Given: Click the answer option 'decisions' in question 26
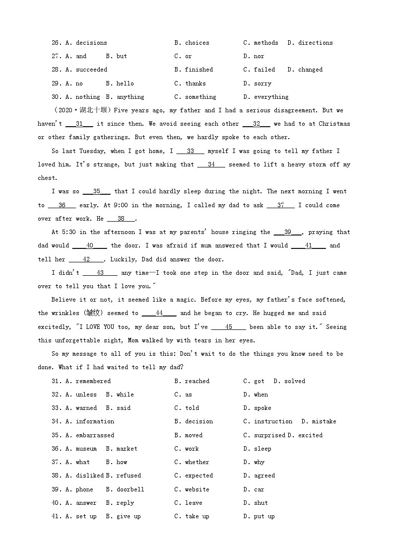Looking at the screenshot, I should click(91, 43).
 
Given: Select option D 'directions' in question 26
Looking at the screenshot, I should click(316, 43).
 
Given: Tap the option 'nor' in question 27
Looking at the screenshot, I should click(259, 56).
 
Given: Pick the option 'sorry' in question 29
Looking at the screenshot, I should click(263, 83).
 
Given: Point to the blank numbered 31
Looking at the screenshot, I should click(79, 124).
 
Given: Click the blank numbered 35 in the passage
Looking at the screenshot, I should click(97, 191).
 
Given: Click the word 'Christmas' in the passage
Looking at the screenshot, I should click(334, 124).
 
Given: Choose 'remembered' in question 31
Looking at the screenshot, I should click(93, 381).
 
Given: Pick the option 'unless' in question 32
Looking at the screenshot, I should click(86, 395).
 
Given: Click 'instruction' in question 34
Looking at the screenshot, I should click(273, 421).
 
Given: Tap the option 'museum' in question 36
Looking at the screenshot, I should click(86, 449).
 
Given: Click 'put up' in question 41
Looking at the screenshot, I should click(264, 516).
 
